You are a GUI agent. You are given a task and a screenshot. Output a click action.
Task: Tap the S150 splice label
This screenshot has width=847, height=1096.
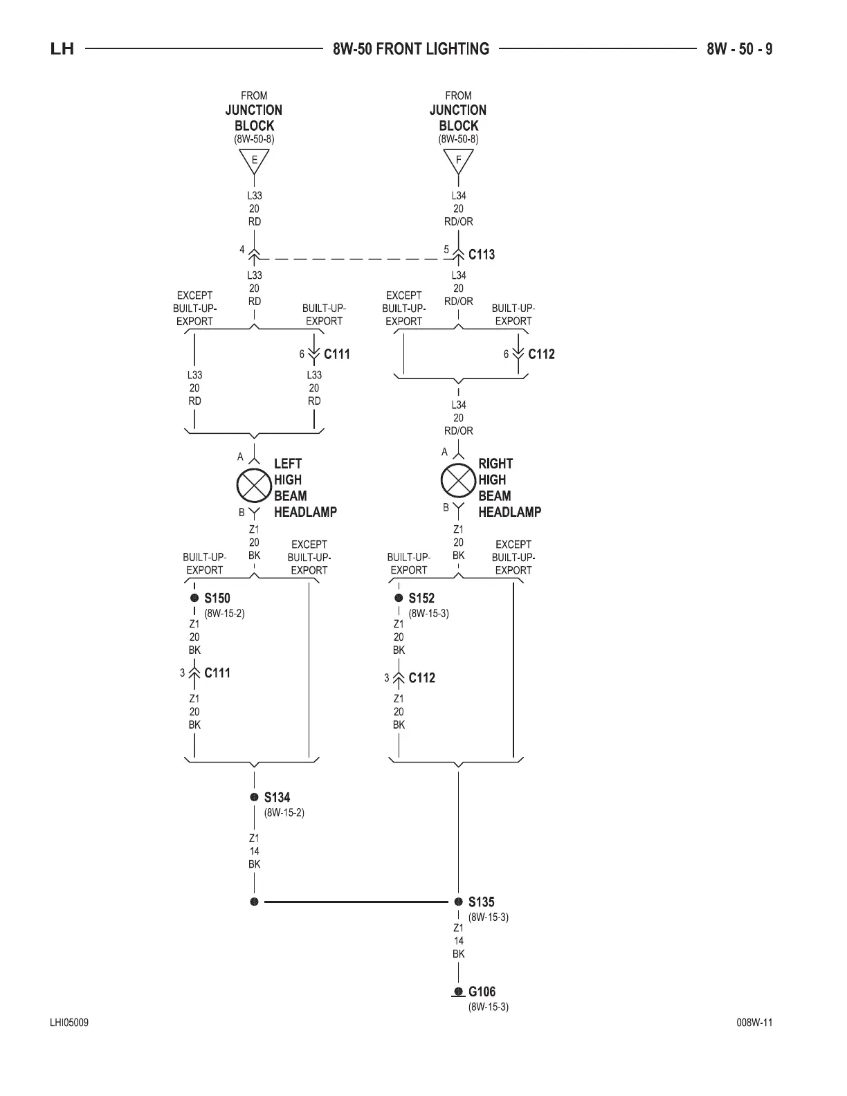pyautogui.click(x=217, y=599)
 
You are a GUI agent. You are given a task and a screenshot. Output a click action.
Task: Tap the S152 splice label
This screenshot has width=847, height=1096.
pyautogui.click(x=421, y=599)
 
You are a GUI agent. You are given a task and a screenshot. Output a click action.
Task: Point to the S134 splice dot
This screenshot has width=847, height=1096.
pyautogui.click(x=255, y=797)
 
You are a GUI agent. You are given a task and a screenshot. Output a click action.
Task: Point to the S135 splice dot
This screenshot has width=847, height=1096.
pyautogui.click(x=458, y=902)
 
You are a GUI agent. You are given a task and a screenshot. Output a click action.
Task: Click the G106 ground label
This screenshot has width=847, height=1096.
pyautogui.click(x=482, y=992)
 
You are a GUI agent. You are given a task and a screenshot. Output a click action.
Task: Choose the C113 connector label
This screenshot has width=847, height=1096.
pyautogui.click(x=482, y=255)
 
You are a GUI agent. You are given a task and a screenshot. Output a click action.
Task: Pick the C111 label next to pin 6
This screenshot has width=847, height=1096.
pyautogui.click(x=337, y=354)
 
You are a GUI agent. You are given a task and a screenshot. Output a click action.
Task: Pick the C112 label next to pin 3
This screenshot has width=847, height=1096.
pyautogui.click(x=421, y=678)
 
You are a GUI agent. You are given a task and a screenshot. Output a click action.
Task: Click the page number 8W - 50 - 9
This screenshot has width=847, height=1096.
pyautogui.click(x=740, y=49)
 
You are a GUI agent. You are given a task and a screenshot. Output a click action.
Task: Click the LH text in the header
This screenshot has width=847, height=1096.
pyautogui.click(x=62, y=49)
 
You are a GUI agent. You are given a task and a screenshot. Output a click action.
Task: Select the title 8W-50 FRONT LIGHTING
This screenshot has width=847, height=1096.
pyautogui.click(x=411, y=49)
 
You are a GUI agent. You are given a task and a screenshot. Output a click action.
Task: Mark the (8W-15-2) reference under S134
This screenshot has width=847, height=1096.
pyautogui.click(x=284, y=812)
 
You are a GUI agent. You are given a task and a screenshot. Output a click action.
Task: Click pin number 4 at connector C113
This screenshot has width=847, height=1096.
pyautogui.click(x=242, y=250)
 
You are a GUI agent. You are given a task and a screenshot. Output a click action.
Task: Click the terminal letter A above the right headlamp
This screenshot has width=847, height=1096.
pyautogui.click(x=445, y=453)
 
